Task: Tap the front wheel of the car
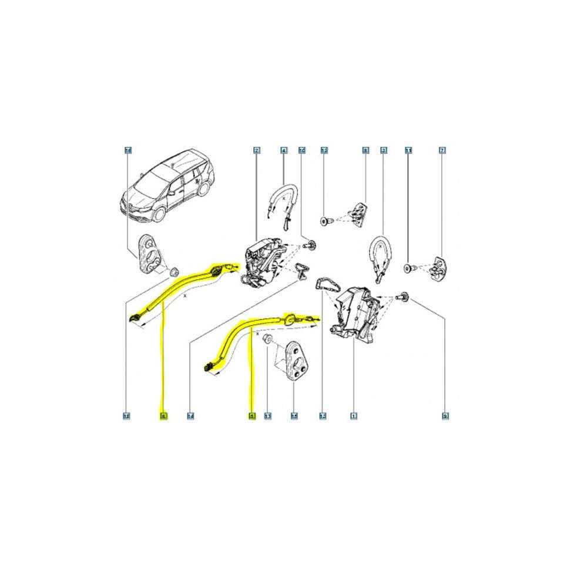click(x=158, y=213)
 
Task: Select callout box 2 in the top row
click(x=257, y=150)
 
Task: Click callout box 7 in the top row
click(x=442, y=150)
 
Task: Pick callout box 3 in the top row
click(x=384, y=150)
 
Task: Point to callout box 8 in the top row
click(x=365, y=150)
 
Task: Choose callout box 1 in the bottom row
click(x=353, y=416)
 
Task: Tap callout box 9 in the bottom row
click(x=445, y=416)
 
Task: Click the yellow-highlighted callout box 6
click(x=163, y=416)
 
